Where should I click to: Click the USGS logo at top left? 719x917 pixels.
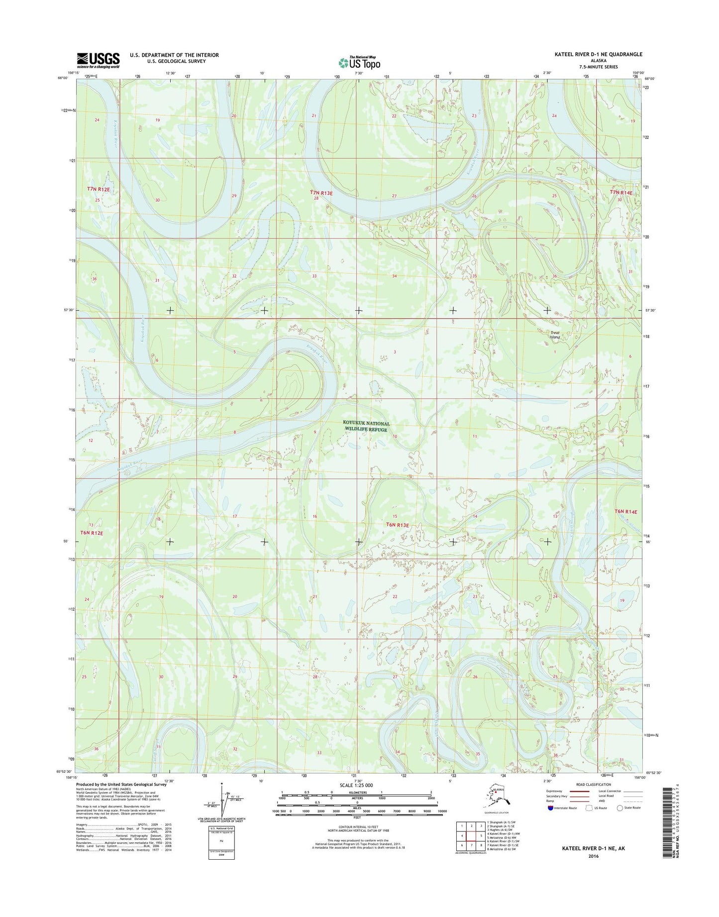click(98, 60)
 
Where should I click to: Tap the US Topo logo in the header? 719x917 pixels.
click(359, 62)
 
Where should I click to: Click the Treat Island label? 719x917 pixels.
click(555, 335)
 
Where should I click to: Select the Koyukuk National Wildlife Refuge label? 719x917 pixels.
click(366, 427)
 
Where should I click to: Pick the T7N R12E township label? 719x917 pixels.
click(99, 189)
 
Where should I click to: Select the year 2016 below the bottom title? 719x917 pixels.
click(593, 856)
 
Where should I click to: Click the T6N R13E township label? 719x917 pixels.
click(398, 525)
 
